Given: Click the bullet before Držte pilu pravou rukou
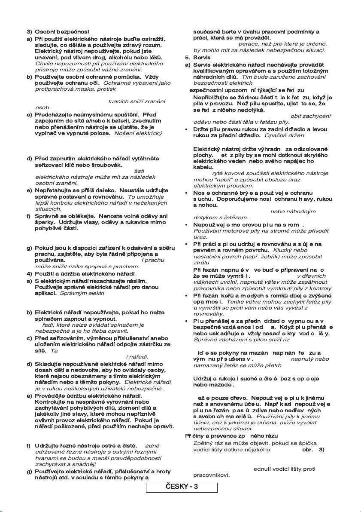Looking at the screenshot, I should [187, 129].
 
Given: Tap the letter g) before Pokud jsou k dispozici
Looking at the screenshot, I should [29, 248].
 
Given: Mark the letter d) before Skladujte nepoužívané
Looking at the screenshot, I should [29, 364].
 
